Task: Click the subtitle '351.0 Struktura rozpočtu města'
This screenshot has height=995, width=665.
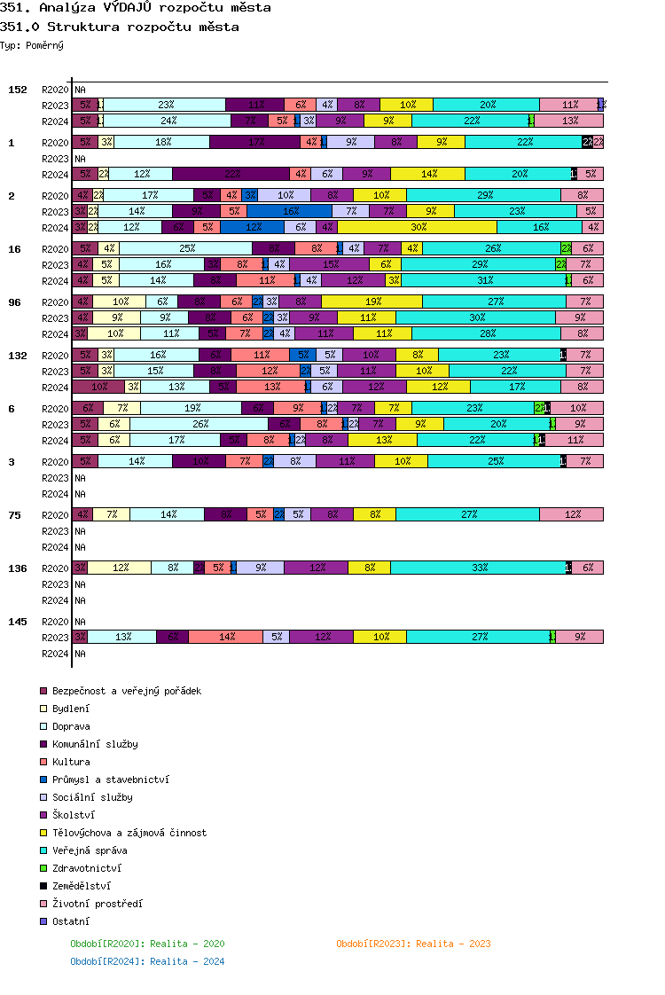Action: tap(120, 27)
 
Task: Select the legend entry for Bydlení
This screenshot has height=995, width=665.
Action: tap(71, 709)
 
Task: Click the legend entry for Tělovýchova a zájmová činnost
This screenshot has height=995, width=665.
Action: tap(129, 833)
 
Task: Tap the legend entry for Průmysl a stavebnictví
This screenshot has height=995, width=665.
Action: tap(111, 780)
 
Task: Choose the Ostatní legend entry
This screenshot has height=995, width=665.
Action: tap(71, 921)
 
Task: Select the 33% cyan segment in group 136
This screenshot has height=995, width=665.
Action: tap(478, 568)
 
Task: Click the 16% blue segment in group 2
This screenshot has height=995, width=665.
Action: tap(289, 211)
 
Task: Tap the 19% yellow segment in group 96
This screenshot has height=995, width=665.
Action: tap(372, 302)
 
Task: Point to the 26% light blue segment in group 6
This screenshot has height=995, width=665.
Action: tap(199, 424)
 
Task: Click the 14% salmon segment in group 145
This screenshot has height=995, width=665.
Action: tap(226, 637)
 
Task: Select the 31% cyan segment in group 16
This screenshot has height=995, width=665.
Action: tap(483, 280)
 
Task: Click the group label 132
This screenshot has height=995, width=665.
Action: tap(18, 355)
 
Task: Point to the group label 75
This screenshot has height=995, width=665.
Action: tap(14, 514)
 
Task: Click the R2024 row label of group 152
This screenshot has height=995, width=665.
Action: tap(55, 121)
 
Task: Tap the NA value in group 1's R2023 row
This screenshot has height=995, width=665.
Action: tap(80, 159)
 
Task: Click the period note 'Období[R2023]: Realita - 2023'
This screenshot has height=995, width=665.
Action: tap(413, 944)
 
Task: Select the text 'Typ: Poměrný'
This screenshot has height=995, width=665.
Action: tap(32, 45)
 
